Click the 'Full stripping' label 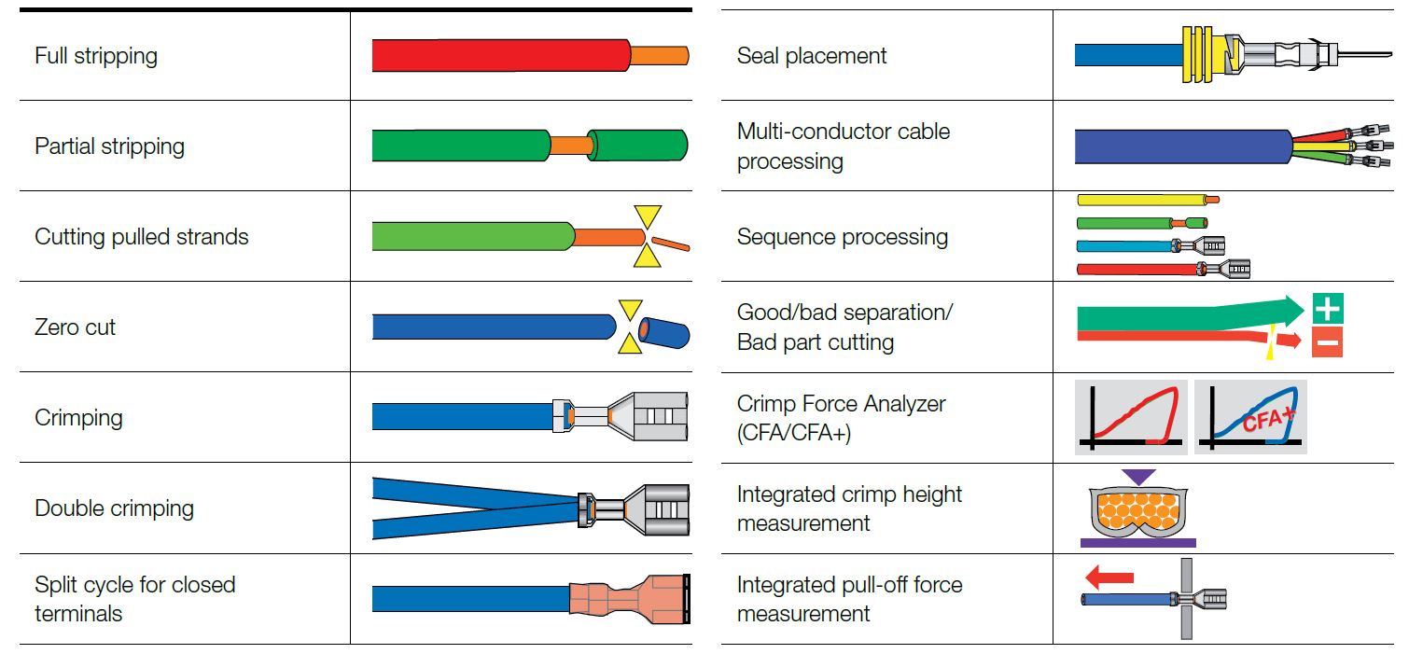click(96, 57)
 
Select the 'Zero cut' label click(75, 327)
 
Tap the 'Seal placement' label click(812, 56)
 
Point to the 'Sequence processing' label click(843, 237)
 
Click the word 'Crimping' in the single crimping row click(78, 418)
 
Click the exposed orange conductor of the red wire click(659, 55)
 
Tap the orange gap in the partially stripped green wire click(571, 146)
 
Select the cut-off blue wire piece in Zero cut click(664, 333)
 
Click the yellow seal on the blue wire click(1205, 55)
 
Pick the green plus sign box click(1328, 308)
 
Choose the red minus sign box click(1327, 342)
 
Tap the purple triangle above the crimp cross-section click(1137, 477)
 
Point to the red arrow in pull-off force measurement click(1109, 577)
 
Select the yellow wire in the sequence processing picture click(1149, 200)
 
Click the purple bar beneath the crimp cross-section click(1137, 543)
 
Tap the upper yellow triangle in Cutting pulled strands click(648, 216)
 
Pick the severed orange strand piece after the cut click(671, 244)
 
